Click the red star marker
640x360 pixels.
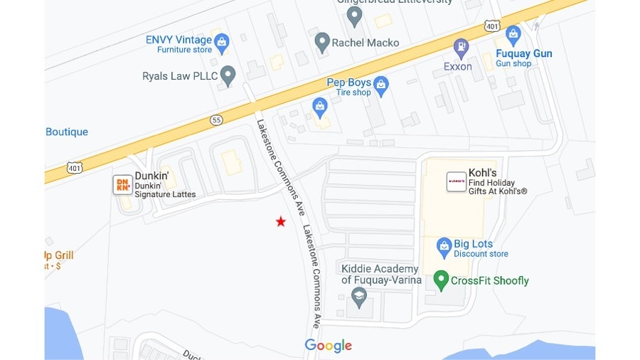tap(281, 222)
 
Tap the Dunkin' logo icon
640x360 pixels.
tap(122, 185)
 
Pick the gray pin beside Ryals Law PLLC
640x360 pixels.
tap(228, 75)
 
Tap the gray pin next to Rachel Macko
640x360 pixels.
tap(322, 42)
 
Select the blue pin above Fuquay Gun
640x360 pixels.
tap(513, 33)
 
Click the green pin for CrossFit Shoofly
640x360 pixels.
tap(441, 280)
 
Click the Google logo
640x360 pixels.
tap(329, 346)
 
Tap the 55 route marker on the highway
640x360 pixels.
tap(217, 120)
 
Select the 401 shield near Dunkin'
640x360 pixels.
tap(75, 168)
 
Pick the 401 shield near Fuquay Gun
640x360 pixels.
tap(493, 26)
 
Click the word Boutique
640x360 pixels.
tap(67, 132)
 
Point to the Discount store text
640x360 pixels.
tap(481, 254)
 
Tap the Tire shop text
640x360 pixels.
tap(353, 92)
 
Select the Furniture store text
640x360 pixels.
tap(184, 50)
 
